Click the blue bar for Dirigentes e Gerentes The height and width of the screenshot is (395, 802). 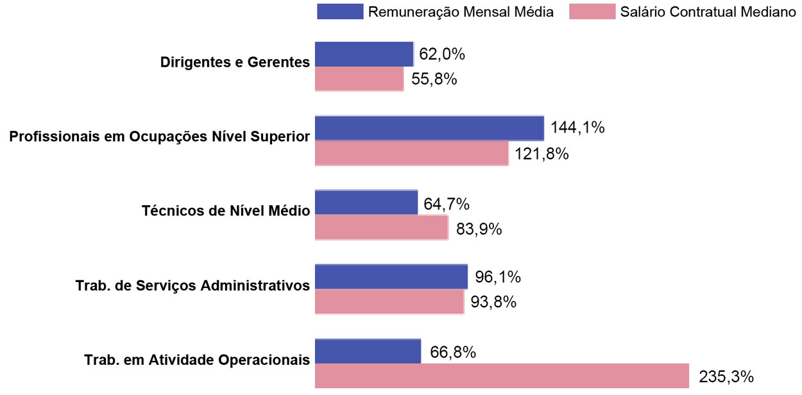click(364, 55)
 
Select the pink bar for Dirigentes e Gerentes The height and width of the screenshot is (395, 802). click(359, 79)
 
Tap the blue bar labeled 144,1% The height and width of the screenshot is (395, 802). click(429, 128)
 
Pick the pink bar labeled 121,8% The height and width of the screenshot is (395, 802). click(411, 153)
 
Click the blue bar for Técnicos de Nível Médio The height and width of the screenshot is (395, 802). click(366, 203)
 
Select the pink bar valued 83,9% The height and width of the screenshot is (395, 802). click(381, 228)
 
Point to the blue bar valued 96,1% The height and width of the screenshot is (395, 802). click(391, 276)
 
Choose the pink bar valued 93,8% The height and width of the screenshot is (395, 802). click(389, 301)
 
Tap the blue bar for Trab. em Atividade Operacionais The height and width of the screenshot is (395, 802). click(368, 351)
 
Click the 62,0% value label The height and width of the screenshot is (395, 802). click(441, 55)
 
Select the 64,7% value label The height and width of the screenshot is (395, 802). click(447, 205)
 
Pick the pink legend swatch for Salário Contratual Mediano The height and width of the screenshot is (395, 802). click(591, 12)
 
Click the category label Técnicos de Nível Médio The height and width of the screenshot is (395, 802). click(226, 211)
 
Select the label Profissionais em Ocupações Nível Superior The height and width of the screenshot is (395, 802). click(160, 137)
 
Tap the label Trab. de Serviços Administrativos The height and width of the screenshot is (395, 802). click(192, 285)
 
